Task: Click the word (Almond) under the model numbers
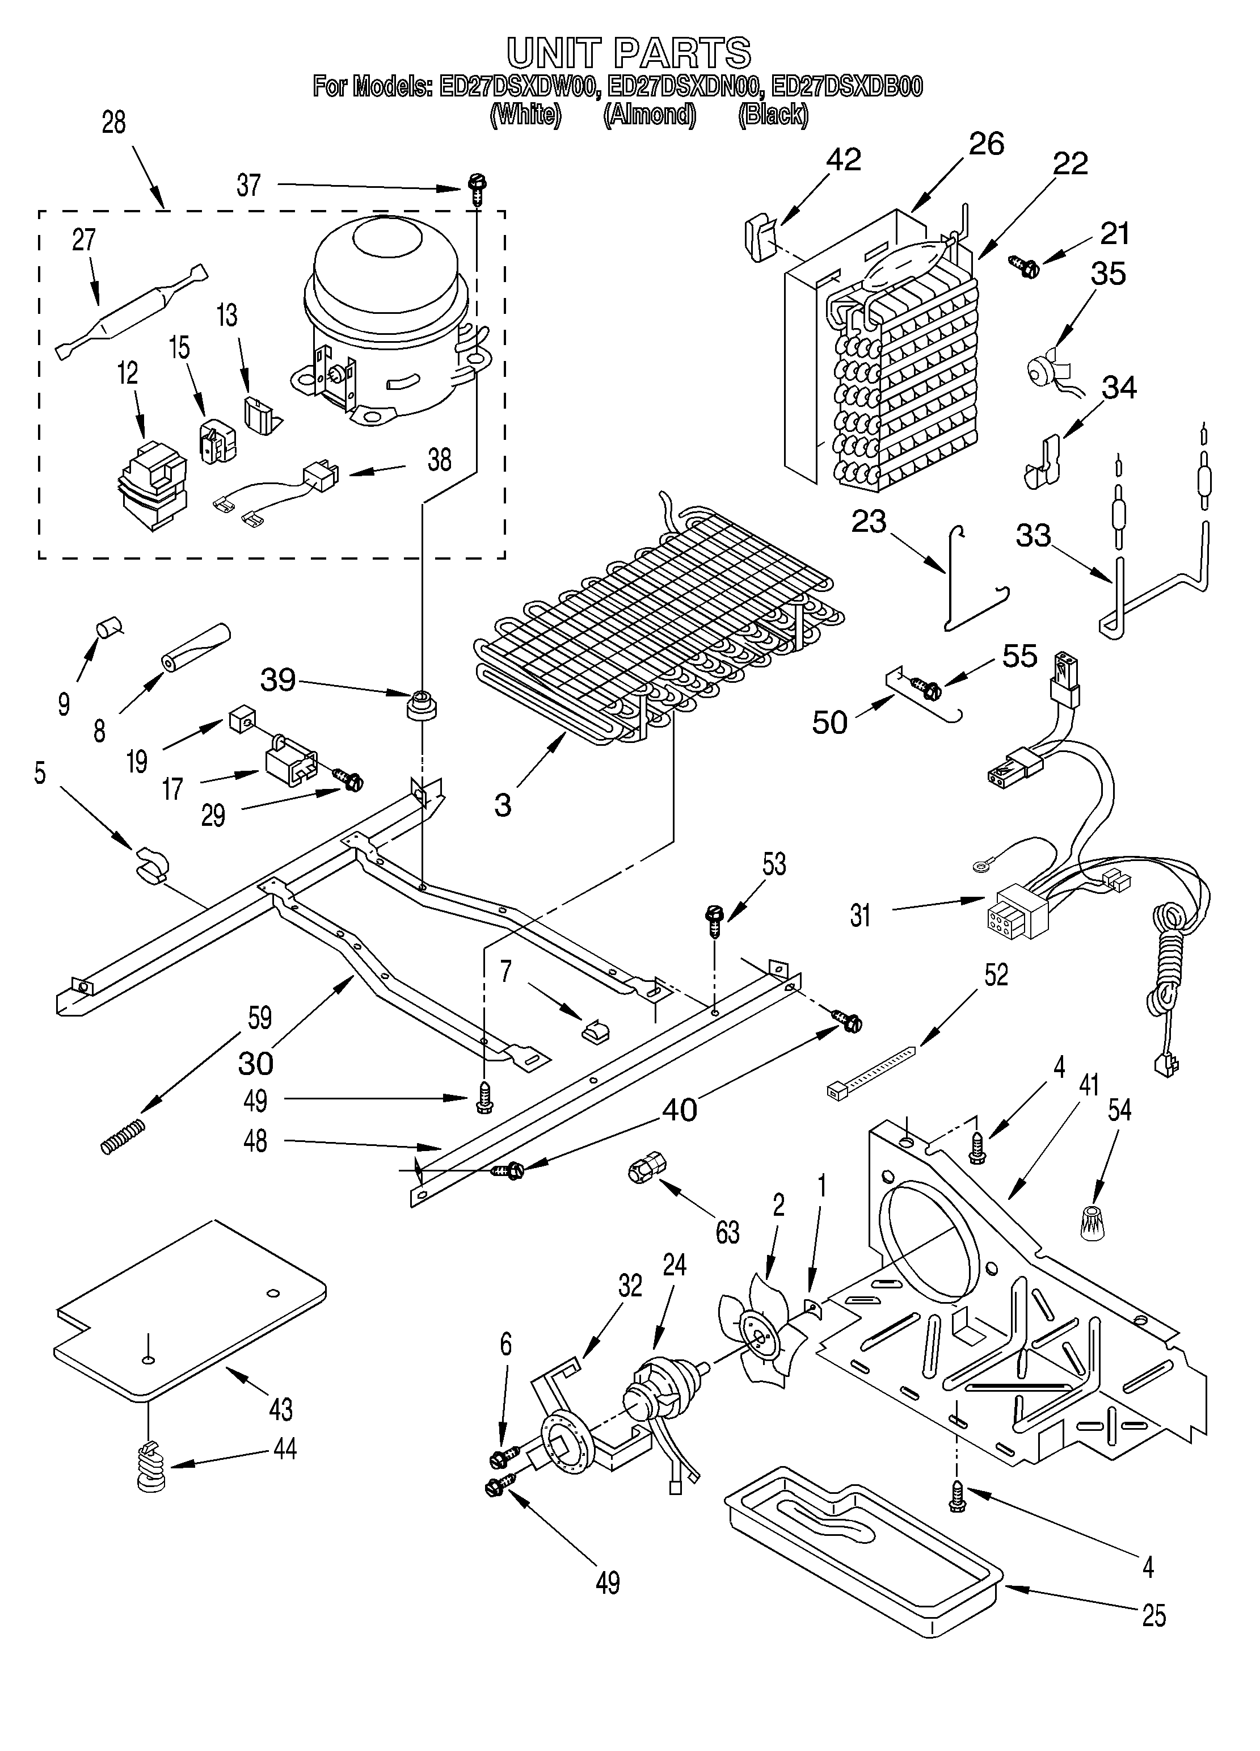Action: tap(650, 114)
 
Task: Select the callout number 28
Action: tap(113, 122)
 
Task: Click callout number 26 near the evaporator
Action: tap(986, 144)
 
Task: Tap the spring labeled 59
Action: tap(123, 1136)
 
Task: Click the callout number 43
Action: tap(281, 1409)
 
